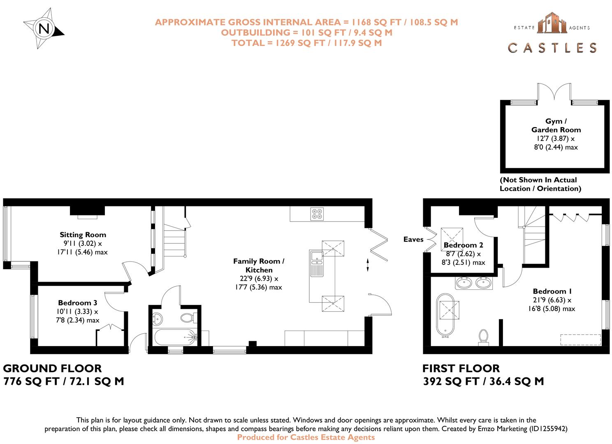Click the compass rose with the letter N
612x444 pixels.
pyautogui.click(x=44, y=29)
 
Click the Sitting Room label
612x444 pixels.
pyautogui.click(x=83, y=235)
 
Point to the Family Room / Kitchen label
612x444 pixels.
pyautogui.click(x=259, y=266)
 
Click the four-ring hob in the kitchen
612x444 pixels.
pyautogui.click(x=317, y=214)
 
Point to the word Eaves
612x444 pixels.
pyautogui.click(x=413, y=239)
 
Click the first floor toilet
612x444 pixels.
pyautogui.click(x=483, y=336)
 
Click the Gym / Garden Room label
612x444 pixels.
pyautogui.click(x=556, y=125)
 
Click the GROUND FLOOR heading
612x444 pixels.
pyautogui.click(x=52, y=368)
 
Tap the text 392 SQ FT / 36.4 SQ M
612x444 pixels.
pyautogui.click(x=483, y=382)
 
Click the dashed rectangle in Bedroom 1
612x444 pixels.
pyautogui.click(x=580, y=340)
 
